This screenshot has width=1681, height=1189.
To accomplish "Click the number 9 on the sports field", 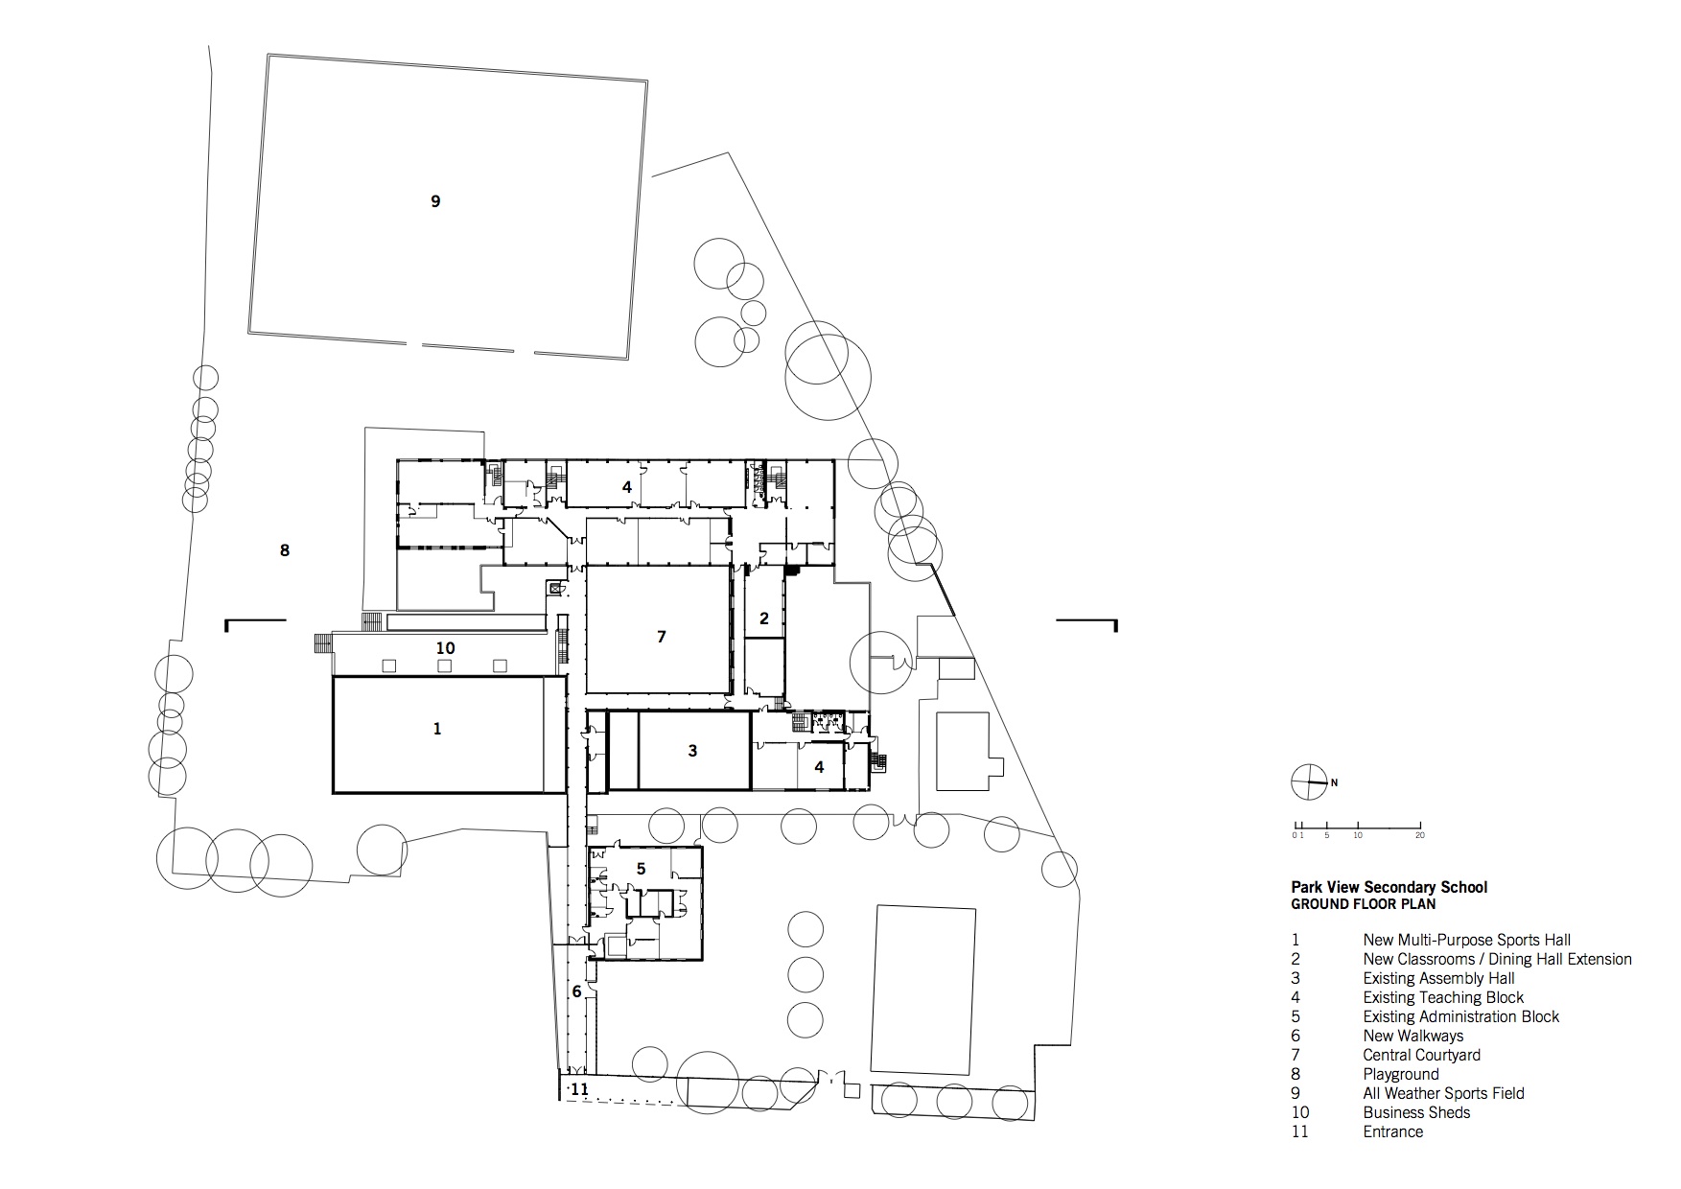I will pyautogui.click(x=435, y=201).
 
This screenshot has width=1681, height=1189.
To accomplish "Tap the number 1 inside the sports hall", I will pyautogui.click(x=437, y=729).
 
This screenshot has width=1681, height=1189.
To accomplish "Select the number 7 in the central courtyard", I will pyautogui.click(x=661, y=637).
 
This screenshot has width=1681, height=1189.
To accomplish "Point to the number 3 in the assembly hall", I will pyautogui.click(x=693, y=751).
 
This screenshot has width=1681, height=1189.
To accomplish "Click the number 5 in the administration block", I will pyautogui.click(x=642, y=869).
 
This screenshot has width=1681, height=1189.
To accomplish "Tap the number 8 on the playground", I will pyautogui.click(x=284, y=550).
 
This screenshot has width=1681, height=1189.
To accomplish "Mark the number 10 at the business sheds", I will pyautogui.click(x=445, y=648).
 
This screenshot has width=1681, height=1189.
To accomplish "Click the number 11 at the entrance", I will pyautogui.click(x=579, y=1089).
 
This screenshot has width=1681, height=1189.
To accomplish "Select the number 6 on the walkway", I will pyautogui.click(x=576, y=991).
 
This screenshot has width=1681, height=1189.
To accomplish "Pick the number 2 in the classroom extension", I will pyautogui.click(x=764, y=618).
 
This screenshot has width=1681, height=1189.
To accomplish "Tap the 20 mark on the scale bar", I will pyautogui.click(x=1419, y=835).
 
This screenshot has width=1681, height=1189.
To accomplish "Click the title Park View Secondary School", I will pyautogui.click(x=1389, y=887).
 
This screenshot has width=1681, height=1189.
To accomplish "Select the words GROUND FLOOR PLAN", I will pyautogui.click(x=1363, y=903).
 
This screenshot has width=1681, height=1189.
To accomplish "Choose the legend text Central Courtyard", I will pyautogui.click(x=1421, y=1055).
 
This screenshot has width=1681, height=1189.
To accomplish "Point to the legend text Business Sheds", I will pyautogui.click(x=1416, y=1112).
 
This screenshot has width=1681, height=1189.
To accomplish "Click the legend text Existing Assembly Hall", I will pyautogui.click(x=1438, y=978).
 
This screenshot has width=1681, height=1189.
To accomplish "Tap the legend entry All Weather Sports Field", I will pyautogui.click(x=1443, y=1093).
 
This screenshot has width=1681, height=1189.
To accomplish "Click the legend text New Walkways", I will pyautogui.click(x=1413, y=1036).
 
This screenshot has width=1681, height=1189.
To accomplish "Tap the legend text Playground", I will pyautogui.click(x=1400, y=1074).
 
